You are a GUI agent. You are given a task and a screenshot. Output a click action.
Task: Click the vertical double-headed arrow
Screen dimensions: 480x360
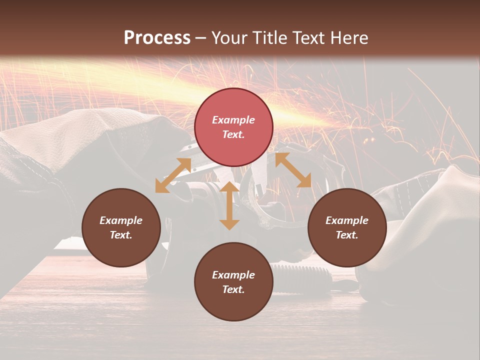(x=229, y=205)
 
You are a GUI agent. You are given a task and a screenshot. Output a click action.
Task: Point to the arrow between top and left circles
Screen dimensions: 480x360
(x=173, y=175)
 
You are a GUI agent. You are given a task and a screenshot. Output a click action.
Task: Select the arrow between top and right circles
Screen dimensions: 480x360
(x=293, y=170)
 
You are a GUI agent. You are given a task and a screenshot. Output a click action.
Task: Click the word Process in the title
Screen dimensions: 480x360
(x=157, y=37)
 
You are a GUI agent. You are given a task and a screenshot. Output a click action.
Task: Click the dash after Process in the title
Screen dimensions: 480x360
(x=200, y=38)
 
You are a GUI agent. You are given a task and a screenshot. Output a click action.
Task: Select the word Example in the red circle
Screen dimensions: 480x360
(x=233, y=120)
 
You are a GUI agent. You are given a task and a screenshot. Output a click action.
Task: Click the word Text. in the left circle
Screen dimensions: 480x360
(x=121, y=235)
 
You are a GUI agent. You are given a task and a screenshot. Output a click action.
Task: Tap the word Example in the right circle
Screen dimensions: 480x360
(x=347, y=220)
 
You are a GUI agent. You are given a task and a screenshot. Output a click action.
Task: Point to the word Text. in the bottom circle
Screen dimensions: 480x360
(x=233, y=289)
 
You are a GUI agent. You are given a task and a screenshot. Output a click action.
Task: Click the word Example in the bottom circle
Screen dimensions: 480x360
(x=233, y=275)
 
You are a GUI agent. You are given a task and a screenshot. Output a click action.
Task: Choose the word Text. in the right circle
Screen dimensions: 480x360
(x=347, y=235)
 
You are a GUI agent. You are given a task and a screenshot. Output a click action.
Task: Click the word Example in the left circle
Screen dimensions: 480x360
(x=121, y=220)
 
